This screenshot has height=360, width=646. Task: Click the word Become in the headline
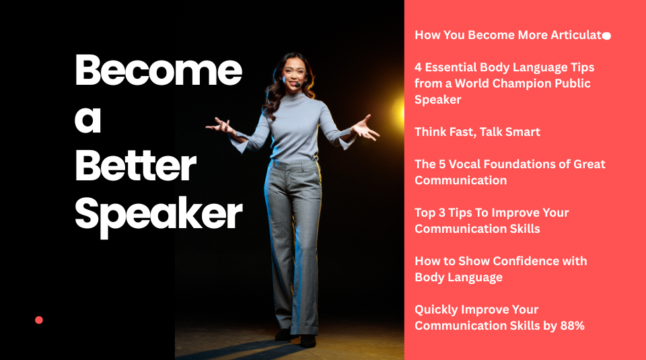click(x=158, y=70)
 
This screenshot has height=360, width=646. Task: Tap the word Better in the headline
click(x=135, y=167)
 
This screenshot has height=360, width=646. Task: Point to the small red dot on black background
click(x=39, y=320)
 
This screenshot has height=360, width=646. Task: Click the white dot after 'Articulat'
click(x=606, y=36)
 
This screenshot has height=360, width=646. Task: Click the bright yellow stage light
click(x=398, y=108)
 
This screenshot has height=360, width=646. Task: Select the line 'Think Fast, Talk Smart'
click(x=477, y=132)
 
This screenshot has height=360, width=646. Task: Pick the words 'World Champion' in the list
click(x=499, y=83)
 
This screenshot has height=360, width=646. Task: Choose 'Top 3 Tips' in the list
click(x=447, y=213)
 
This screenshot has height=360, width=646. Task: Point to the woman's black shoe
click(x=308, y=340)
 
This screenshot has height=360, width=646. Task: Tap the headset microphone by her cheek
click(x=296, y=85)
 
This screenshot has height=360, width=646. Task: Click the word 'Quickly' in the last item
click(x=436, y=310)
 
